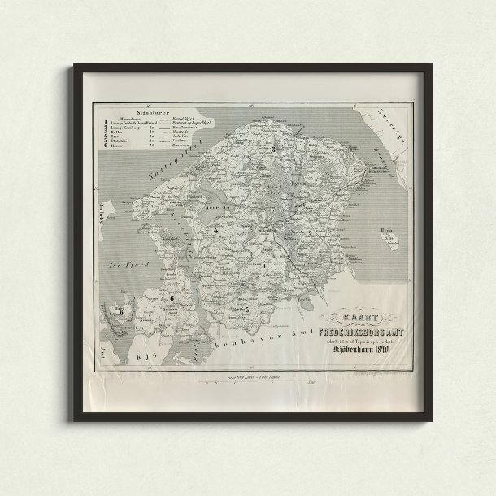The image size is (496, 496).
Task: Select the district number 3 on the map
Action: point(274,150)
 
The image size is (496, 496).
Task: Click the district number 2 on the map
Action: point(310,234)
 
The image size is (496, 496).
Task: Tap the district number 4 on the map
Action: point(216,232)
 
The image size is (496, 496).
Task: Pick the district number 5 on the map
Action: point(246,310)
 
